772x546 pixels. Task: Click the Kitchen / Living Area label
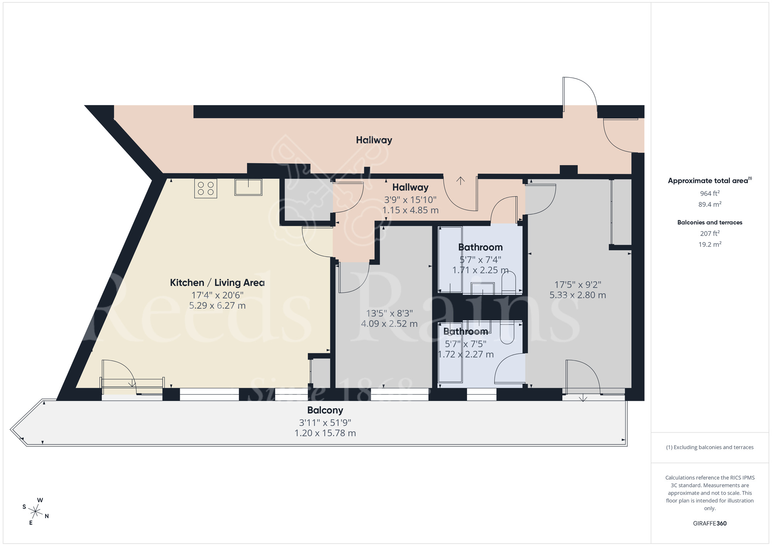point(217,283)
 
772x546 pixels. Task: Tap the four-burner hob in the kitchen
point(205,188)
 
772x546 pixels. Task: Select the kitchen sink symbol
point(248,187)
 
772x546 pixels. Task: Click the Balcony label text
point(325,410)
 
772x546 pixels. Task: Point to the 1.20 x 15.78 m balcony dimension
point(325,433)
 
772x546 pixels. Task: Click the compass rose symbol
point(36,512)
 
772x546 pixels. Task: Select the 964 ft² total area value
point(709,193)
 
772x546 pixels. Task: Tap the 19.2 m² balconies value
point(709,244)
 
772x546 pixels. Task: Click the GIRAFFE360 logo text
point(709,524)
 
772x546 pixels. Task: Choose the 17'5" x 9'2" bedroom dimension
point(577,285)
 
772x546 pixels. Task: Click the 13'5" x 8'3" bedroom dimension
point(389,313)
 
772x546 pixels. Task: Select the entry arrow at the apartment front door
point(460,180)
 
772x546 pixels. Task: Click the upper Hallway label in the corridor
point(374,140)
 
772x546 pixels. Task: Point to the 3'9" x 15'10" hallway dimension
point(410,200)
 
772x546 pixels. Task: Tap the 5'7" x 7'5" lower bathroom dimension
point(466,344)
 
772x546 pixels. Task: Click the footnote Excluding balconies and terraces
point(709,447)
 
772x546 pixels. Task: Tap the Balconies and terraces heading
point(709,222)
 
